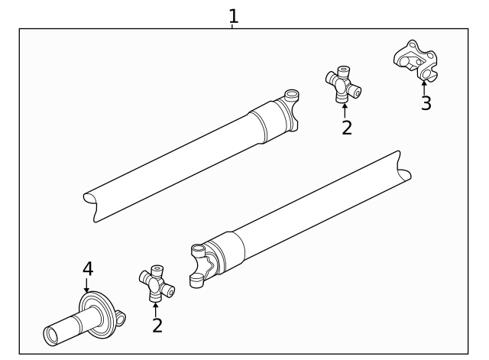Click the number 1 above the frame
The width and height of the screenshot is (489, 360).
coord(234,15)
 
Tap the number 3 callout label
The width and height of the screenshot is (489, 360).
coord(426,104)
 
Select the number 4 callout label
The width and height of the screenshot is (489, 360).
coord(88,268)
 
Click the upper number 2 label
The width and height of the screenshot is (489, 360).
coord(346,128)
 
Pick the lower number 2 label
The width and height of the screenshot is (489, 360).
coord(157,326)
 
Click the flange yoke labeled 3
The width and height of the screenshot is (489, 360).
coord(415,62)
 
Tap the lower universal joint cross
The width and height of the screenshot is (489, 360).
coord(156,284)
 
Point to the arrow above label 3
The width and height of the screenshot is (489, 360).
coord(424,86)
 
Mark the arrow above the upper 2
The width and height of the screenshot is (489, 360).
coord(345,109)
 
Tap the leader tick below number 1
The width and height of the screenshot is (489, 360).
coord(232,27)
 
